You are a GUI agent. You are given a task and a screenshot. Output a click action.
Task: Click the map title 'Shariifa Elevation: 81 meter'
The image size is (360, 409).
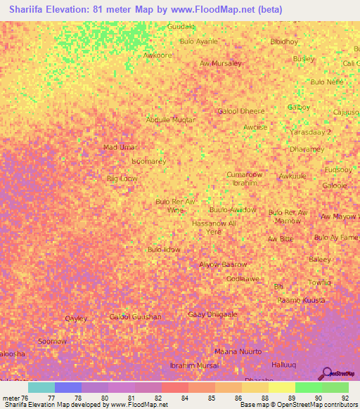click(98, 8)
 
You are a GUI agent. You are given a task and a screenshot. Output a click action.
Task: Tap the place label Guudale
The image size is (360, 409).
click(181, 26)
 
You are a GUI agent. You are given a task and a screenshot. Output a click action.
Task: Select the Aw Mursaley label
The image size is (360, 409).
click(220, 63)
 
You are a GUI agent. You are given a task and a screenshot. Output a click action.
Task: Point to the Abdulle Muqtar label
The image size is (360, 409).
click(170, 119)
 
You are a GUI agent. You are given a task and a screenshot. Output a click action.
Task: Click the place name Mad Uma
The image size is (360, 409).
click(118, 147)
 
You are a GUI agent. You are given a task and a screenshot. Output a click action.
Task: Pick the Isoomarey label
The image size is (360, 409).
click(148, 161)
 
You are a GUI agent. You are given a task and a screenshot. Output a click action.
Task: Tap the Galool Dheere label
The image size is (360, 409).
click(241, 111)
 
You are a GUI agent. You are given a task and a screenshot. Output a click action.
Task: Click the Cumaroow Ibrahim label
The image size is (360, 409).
click(244, 178)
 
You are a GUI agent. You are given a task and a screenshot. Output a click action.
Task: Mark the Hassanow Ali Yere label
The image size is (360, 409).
click(214, 226)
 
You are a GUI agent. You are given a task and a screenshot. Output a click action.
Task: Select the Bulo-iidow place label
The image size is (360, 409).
click(163, 249)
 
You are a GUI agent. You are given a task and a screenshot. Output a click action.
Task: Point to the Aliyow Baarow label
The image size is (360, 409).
click(223, 264)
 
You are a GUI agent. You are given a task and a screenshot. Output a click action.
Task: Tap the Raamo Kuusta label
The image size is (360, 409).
click(300, 300)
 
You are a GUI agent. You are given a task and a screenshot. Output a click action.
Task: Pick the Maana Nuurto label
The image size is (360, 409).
click(238, 351)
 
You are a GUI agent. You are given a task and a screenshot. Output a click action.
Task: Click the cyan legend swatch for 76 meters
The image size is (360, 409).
click(41, 387)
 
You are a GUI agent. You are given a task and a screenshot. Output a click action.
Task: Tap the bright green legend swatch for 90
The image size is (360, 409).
click(308, 387)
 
